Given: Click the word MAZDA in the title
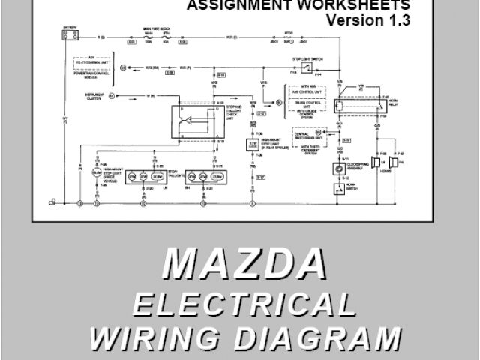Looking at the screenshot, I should (x=244, y=266).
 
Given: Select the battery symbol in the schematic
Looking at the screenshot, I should (x=70, y=36).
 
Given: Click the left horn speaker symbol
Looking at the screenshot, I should (x=373, y=164).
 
